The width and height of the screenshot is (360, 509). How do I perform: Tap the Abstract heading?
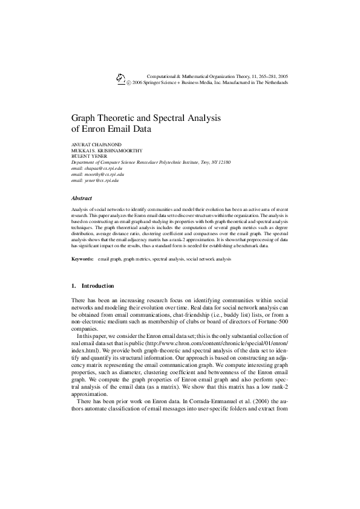click(82, 198)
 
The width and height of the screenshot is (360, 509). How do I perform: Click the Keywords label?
click(82, 258)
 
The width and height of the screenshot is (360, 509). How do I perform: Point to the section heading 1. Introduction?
click(92, 285)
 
